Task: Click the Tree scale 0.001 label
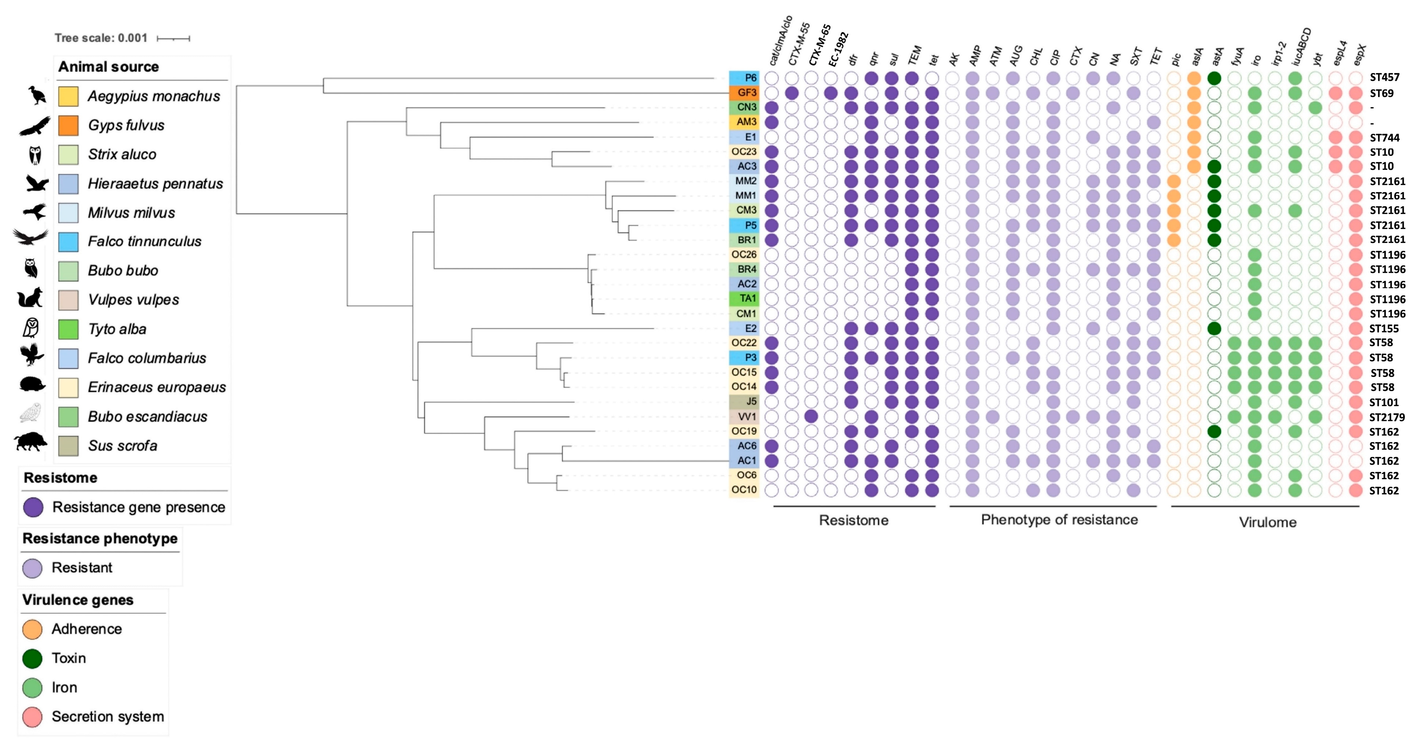point(101,38)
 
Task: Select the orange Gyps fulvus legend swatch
point(68,125)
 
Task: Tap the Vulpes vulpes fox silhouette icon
point(30,298)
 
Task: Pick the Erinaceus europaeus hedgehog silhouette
point(32,384)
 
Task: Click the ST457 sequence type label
point(1385,77)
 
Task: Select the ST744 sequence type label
point(1385,137)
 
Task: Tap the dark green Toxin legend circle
point(32,658)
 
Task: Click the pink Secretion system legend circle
point(32,717)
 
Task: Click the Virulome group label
point(1268,522)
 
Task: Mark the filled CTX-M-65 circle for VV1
point(811,417)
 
